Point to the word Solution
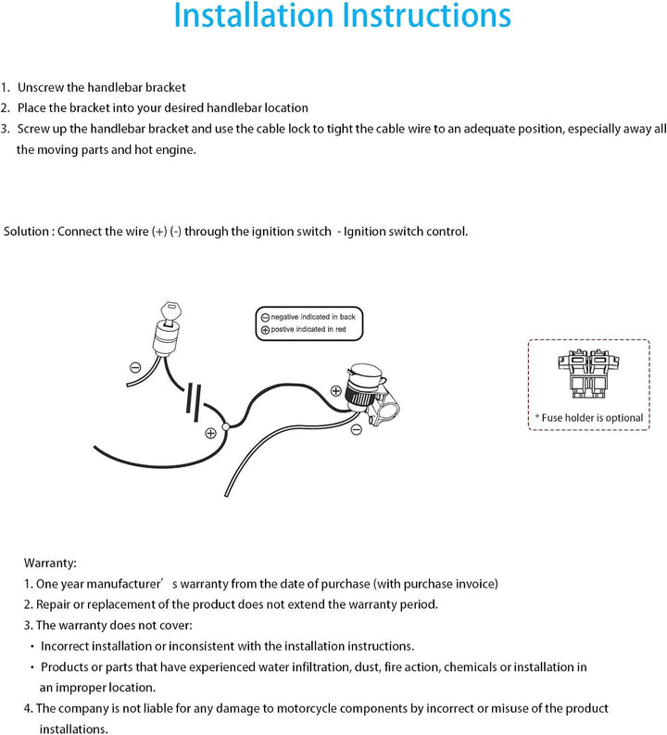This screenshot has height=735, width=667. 26,231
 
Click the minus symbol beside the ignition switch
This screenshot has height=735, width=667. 135,368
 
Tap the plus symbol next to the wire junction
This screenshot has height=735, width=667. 211,432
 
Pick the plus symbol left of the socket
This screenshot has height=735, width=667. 335,389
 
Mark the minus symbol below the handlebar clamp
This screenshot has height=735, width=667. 357,429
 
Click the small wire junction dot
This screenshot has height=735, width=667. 225,425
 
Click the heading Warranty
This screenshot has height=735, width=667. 50,563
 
